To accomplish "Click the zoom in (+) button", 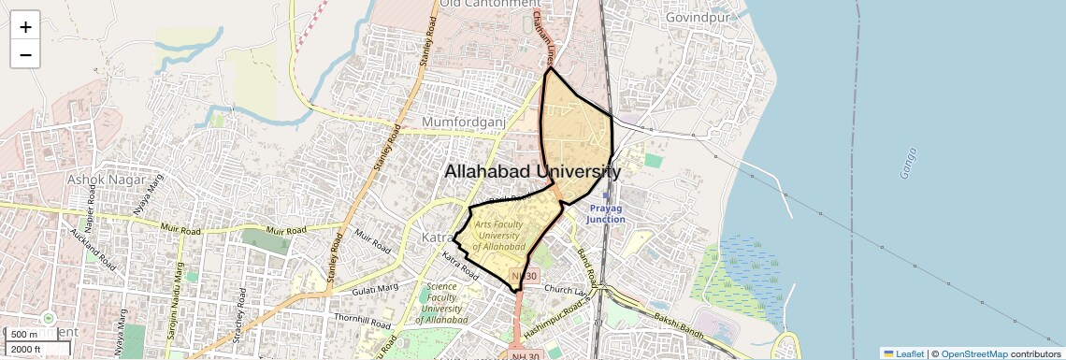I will tap(25, 27).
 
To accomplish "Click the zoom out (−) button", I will tap(25, 54).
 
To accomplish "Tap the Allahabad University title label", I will tap(531, 172).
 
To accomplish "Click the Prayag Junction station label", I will tap(606, 214).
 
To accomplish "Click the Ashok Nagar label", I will tap(103, 179).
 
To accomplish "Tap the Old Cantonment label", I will tap(490, 5).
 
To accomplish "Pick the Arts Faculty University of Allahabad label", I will tap(499, 235).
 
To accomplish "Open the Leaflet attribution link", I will tap(903, 353).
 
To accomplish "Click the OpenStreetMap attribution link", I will tap(973, 353).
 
